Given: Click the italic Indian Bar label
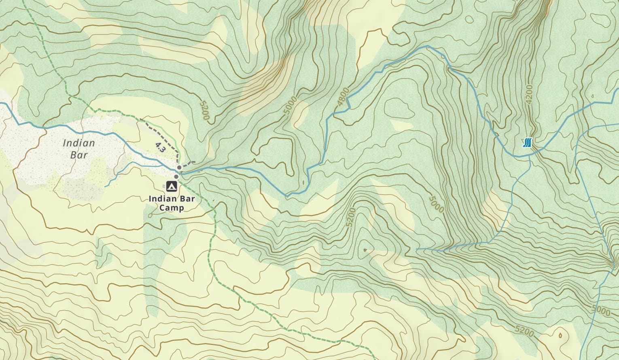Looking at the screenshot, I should [79, 148].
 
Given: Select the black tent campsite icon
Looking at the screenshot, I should [171, 186].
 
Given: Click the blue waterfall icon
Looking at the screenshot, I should [527, 142].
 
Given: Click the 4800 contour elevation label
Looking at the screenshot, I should [342, 100].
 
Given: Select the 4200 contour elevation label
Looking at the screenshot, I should [530, 95].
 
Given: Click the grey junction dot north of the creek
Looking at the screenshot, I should [179, 167].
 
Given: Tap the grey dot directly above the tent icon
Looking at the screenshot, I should [176, 176].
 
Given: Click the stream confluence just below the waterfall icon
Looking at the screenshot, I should [530, 155].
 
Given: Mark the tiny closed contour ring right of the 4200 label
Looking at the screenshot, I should [592, 96].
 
